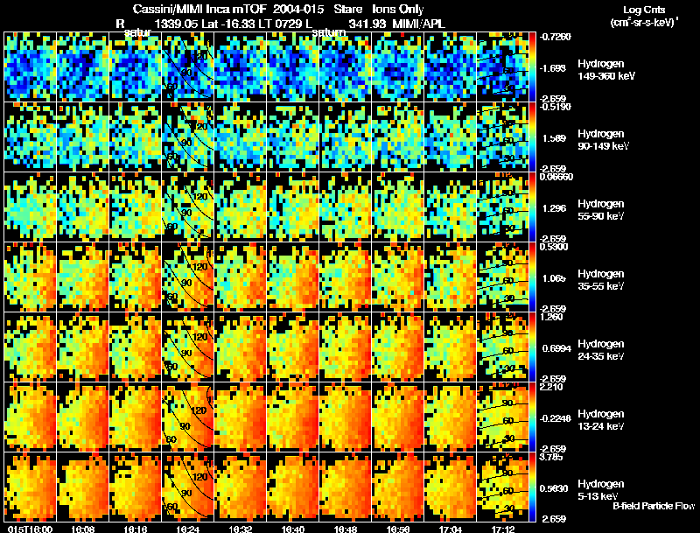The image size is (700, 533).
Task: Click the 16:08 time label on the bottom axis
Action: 83,529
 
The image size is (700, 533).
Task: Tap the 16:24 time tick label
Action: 188,529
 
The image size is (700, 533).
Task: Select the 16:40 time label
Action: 293,529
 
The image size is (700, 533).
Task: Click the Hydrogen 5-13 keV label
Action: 601,489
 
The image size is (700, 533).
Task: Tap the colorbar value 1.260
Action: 553,317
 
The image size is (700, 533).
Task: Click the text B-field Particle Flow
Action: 653,506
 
